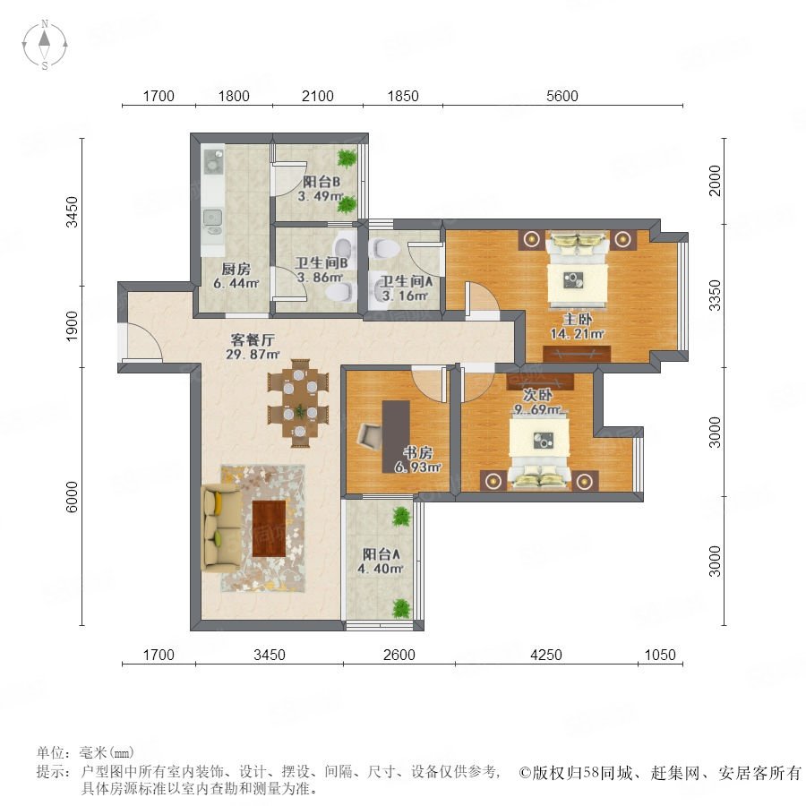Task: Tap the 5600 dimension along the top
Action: [x=562, y=96]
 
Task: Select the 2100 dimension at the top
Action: [x=318, y=96]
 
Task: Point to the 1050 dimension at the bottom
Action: [x=660, y=655]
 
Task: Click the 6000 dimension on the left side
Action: [x=72, y=497]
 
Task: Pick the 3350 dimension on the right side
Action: [x=715, y=296]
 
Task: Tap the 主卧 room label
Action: [x=577, y=319]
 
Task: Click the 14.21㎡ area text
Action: [x=577, y=334]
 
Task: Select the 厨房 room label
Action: [x=236, y=269]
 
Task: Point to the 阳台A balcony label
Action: [x=381, y=554]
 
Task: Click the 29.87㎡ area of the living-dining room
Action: [x=253, y=354]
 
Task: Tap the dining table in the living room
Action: [x=298, y=402]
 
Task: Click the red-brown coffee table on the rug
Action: [x=269, y=529]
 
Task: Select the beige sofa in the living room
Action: [x=220, y=527]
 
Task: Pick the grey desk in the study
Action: [x=396, y=436]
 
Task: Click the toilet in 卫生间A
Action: [x=384, y=249]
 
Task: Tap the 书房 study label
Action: [x=417, y=453]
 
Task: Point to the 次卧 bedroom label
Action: [x=537, y=395]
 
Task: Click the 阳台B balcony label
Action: [x=322, y=182]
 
